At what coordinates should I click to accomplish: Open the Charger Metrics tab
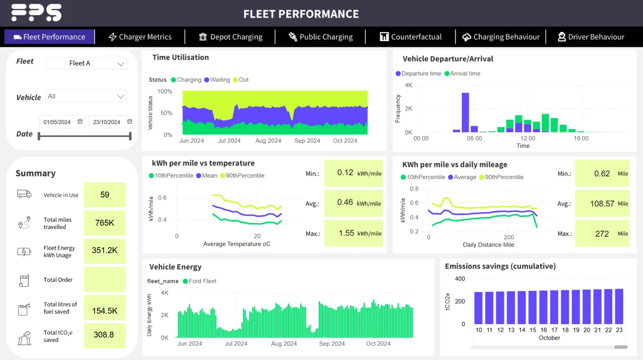click(x=140, y=37)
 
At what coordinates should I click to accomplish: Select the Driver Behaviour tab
click(x=591, y=37)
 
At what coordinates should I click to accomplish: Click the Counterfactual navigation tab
click(x=411, y=37)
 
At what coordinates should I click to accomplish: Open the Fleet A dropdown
click(x=86, y=63)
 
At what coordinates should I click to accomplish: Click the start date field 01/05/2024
click(x=57, y=122)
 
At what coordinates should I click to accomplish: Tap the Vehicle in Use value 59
click(x=105, y=195)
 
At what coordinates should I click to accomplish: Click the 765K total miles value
click(x=105, y=222)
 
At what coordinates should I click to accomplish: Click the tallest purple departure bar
click(x=465, y=112)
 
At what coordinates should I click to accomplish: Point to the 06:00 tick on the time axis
click(x=474, y=138)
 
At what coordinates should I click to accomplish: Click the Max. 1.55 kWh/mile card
click(x=353, y=233)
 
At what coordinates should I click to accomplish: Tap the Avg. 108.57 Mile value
click(x=602, y=203)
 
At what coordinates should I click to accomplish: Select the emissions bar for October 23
click(x=619, y=306)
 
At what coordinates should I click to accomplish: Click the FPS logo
click(x=36, y=12)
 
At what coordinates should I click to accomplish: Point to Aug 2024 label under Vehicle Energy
click(x=284, y=344)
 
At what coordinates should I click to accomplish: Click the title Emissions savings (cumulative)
click(x=500, y=266)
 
